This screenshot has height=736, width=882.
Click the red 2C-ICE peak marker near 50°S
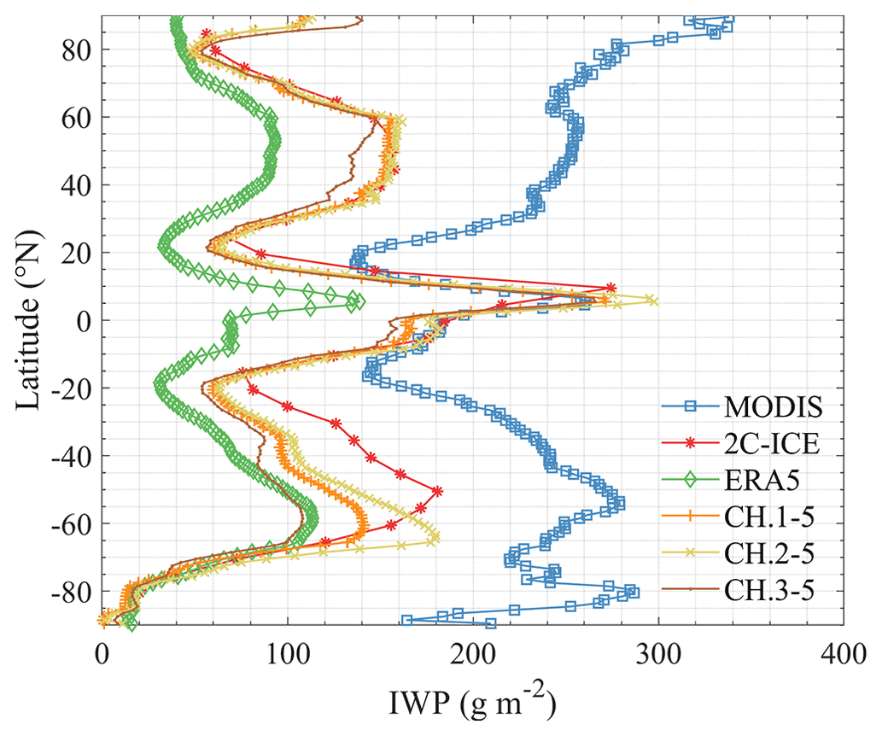coord(437,491)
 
